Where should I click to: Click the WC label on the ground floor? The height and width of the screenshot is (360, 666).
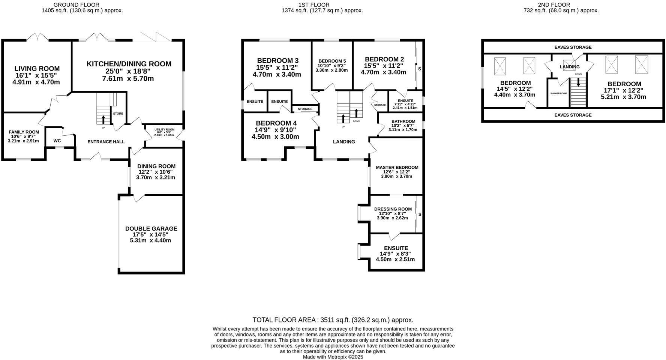tap(57, 141)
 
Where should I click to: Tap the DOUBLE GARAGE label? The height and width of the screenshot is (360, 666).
tap(151, 229)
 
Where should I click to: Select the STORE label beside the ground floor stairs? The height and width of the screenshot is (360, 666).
tap(118, 114)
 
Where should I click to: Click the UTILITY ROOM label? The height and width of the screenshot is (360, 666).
tap(164, 129)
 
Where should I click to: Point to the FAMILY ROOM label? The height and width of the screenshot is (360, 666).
tap(24, 132)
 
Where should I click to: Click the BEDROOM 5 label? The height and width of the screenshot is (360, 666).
tap(332, 61)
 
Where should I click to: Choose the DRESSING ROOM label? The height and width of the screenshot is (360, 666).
tap(393, 209)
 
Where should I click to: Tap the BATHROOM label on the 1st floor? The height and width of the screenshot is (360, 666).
tap(403, 121)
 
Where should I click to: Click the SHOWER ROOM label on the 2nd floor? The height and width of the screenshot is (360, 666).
tap(558, 93)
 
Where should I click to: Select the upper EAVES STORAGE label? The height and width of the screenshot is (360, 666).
tap(573, 47)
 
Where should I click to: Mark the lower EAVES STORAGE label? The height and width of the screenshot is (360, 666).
tap(573, 115)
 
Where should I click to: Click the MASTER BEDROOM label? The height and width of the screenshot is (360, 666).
tap(397, 168)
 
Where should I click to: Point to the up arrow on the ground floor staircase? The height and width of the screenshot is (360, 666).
tap(103, 119)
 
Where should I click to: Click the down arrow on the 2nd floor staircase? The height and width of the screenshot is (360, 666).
tap(578, 82)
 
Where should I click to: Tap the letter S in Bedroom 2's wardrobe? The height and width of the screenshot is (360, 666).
tap(419, 69)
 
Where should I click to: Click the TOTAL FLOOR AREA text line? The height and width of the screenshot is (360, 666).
tap(333, 320)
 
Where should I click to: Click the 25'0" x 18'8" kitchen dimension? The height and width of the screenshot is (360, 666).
tap(129, 72)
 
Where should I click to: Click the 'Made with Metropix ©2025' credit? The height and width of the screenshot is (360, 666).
tap(333, 357)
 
